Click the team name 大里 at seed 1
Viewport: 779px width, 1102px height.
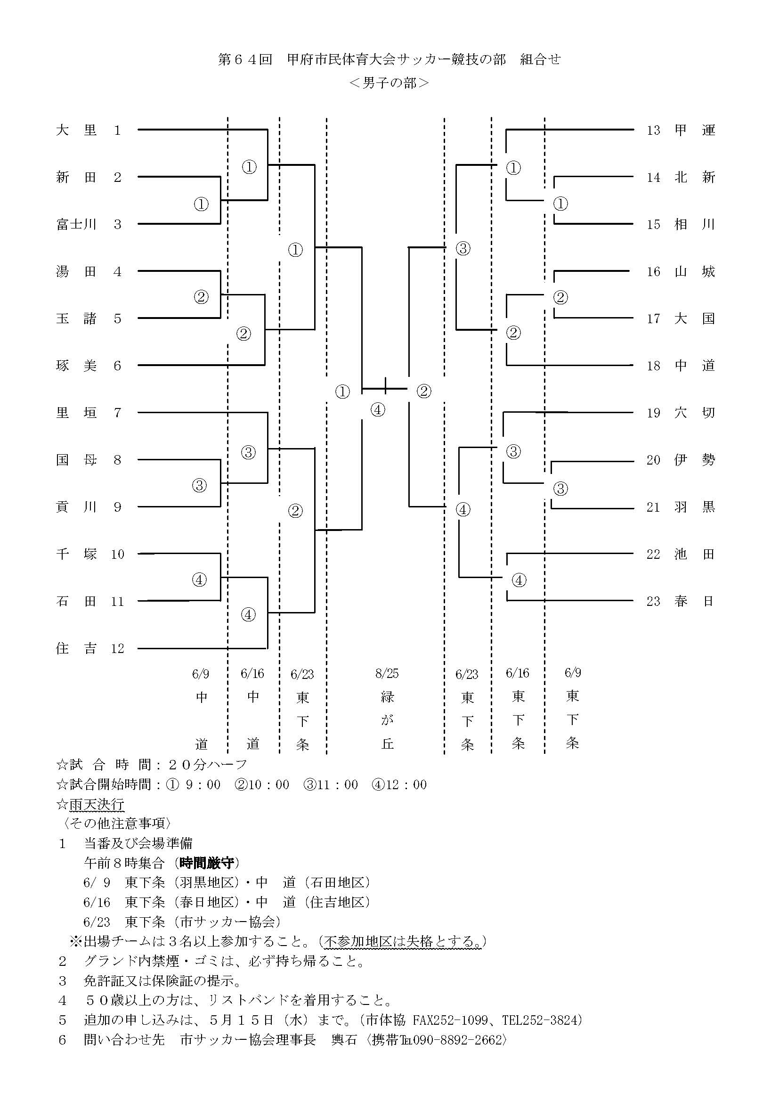pyautogui.click(x=76, y=130)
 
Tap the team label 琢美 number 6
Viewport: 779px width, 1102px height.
pyautogui.click(x=76, y=366)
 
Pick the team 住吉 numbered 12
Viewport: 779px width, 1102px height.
pyautogui.click(x=76, y=648)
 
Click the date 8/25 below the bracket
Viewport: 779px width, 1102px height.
pyautogui.click(x=387, y=673)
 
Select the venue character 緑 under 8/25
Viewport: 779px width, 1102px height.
pyautogui.click(x=387, y=696)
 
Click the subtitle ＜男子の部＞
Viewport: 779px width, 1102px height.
pyautogui.click(x=389, y=83)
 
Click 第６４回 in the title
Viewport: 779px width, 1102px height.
pyautogui.click(x=245, y=59)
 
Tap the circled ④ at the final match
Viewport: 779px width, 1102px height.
pyautogui.click(x=378, y=410)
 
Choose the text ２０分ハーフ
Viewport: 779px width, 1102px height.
pyautogui.click(x=207, y=765)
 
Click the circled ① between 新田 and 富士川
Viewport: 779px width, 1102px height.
pyautogui.click(x=201, y=204)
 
